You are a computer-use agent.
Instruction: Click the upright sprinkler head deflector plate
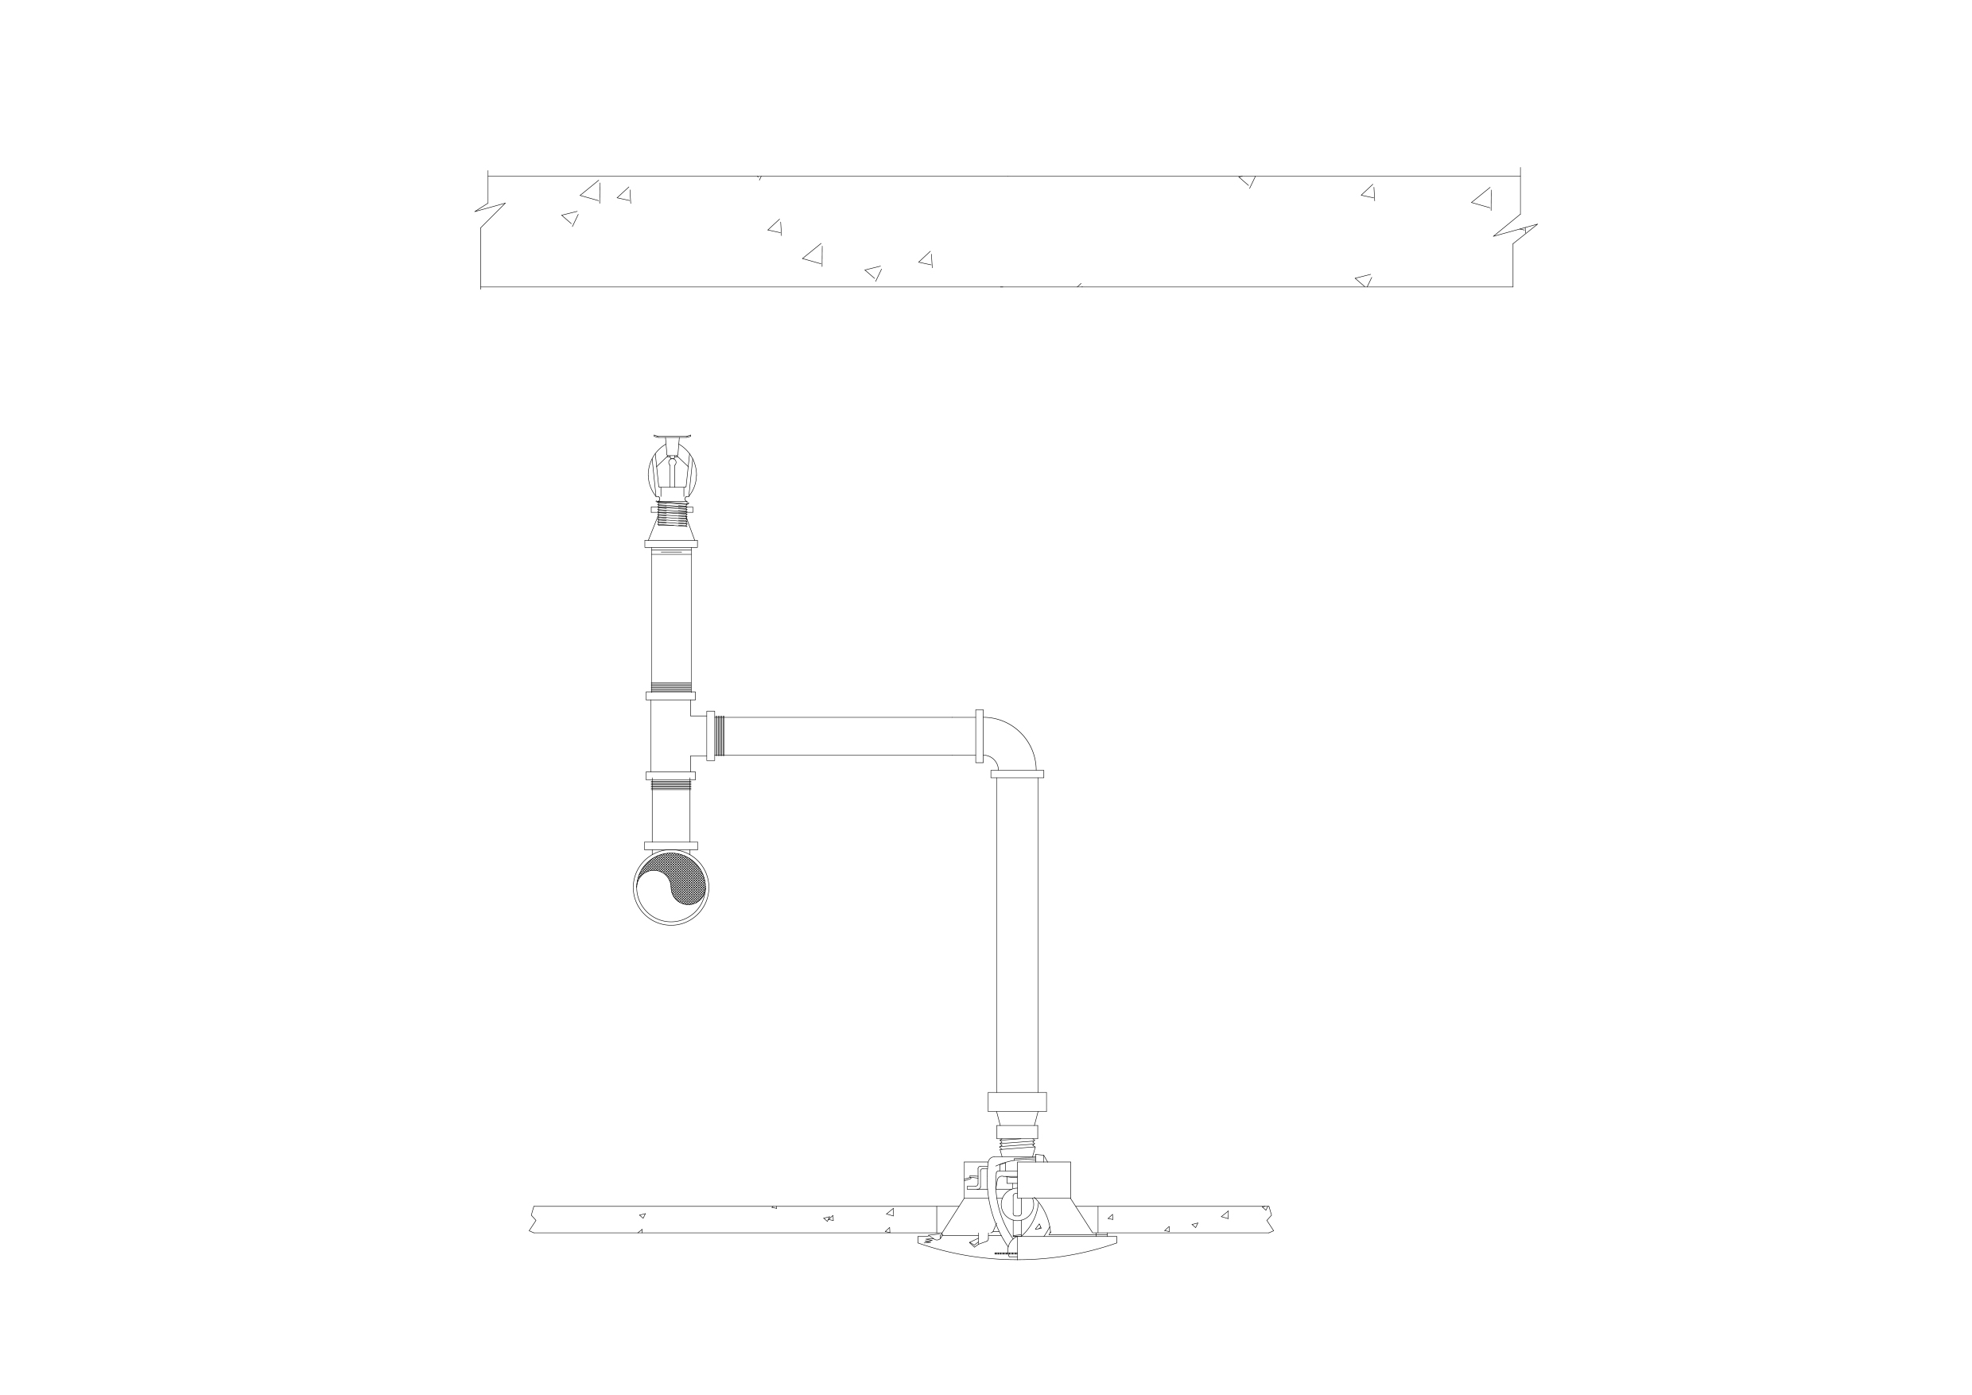[x=671, y=437]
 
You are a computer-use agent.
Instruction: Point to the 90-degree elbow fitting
[x=1014, y=740]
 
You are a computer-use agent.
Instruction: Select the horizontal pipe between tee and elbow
[x=850, y=736]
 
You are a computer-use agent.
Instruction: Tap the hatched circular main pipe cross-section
[x=671, y=888]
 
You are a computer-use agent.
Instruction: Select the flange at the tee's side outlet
[x=710, y=736]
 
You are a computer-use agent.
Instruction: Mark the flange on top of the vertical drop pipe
[x=1017, y=774]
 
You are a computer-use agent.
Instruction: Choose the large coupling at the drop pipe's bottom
[x=1017, y=1102]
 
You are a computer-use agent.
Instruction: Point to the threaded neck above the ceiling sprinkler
[x=1017, y=1147]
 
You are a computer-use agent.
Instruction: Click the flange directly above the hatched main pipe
[x=671, y=846]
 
